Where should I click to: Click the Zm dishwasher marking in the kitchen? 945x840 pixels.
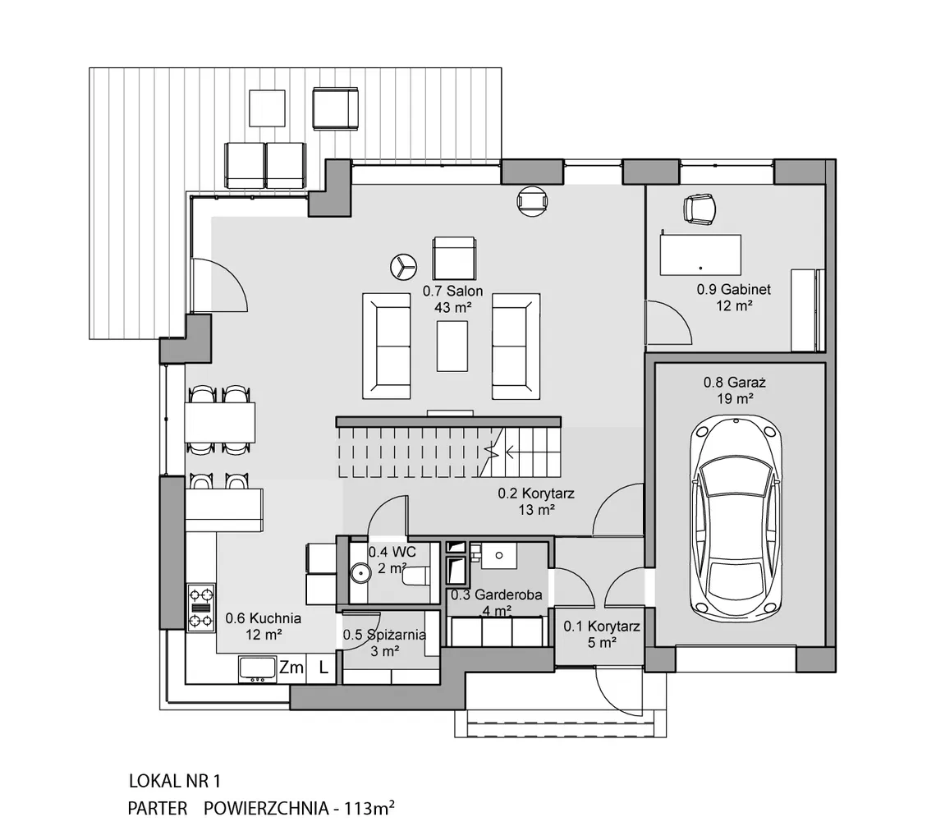[x=291, y=668]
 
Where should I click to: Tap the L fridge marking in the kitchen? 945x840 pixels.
[x=323, y=668]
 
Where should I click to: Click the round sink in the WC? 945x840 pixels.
[x=360, y=572]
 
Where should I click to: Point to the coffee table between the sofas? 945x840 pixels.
[x=452, y=346]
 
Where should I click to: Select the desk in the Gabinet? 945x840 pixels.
[x=700, y=255]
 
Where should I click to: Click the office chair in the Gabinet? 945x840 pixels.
[x=700, y=209]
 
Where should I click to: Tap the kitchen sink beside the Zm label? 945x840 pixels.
[x=258, y=669]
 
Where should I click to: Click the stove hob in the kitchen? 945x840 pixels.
[x=200, y=608]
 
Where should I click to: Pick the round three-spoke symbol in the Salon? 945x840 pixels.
[x=403, y=266]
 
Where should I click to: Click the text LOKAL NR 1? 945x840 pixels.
[x=175, y=782]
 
